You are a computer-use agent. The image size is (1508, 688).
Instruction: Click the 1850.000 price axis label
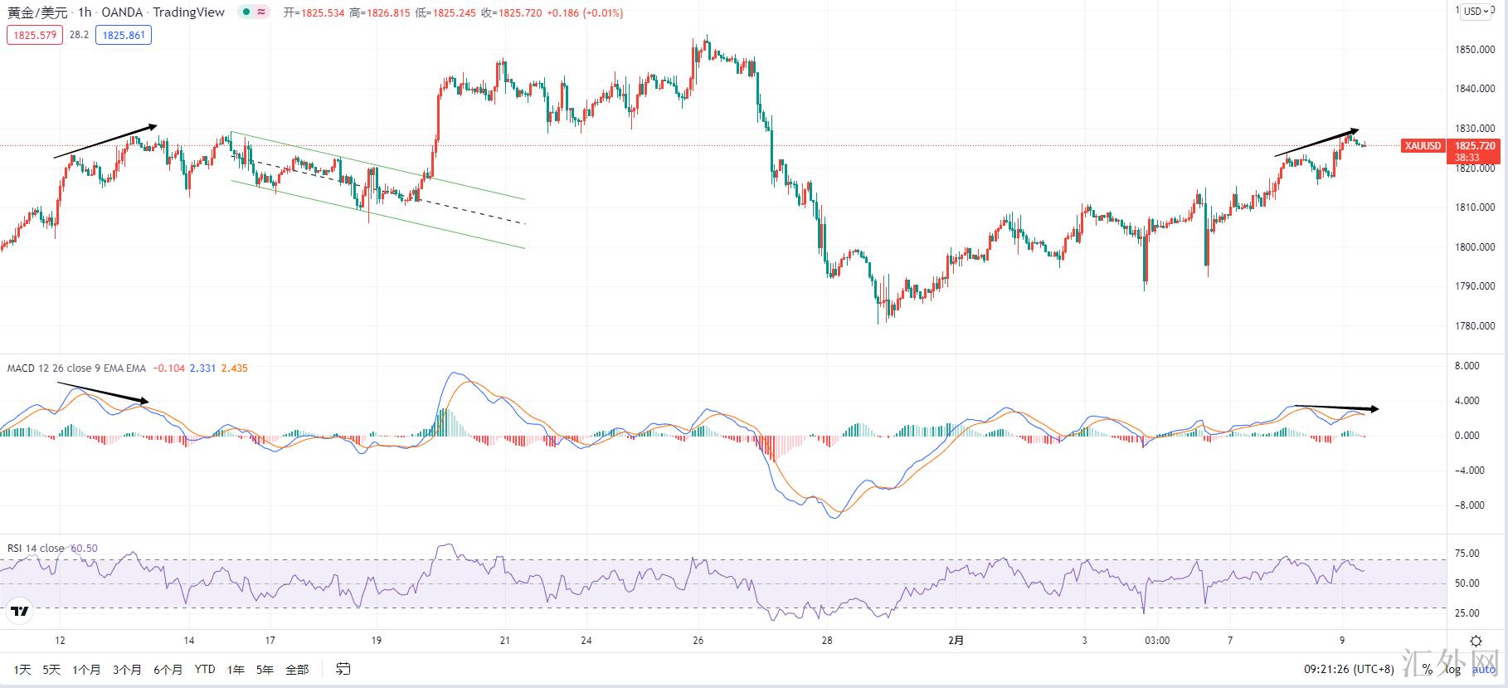pos(1475,50)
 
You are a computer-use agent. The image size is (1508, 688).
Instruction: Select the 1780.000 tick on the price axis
pos(1475,326)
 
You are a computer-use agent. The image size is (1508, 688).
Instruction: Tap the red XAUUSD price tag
pos(1423,146)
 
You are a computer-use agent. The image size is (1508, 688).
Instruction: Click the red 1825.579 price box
pos(35,36)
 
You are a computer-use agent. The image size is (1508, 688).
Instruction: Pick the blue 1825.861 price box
pos(124,36)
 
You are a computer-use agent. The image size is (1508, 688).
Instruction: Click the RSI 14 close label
pos(36,549)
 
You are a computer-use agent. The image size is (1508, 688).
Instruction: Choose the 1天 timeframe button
pos(22,670)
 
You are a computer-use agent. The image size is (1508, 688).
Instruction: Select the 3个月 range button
pos(127,670)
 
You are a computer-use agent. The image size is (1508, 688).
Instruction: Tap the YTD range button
pos(205,670)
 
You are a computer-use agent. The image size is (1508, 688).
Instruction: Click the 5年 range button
pos(265,670)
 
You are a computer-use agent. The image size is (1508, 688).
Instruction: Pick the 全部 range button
pos(297,670)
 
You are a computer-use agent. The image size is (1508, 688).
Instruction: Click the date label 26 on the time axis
pos(698,641)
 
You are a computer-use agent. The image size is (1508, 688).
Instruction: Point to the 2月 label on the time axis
pos(956,641)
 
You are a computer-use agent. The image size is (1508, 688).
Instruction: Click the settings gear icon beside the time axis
pos(1476,641)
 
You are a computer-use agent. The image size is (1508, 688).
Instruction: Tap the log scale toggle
pos(1455,670)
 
